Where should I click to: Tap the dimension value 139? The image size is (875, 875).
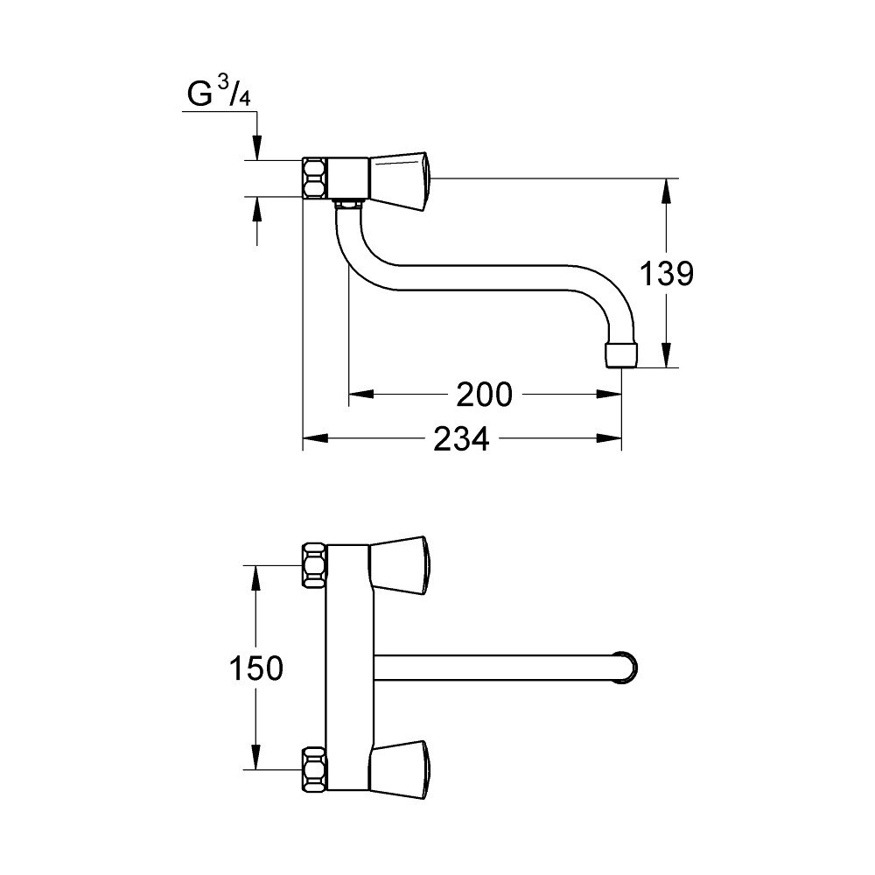(666, 273)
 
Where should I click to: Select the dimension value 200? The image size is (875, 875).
(484, 395)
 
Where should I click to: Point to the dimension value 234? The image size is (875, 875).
(461, 438)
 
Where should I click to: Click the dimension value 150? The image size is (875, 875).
(256, 668)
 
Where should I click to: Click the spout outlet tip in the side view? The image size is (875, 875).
(621, 355)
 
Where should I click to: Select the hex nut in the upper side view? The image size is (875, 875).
(315, 178)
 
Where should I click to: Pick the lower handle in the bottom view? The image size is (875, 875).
(400, 770)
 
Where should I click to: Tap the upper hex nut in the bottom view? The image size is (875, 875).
(315, 564)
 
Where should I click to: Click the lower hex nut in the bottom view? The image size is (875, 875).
(315, 770)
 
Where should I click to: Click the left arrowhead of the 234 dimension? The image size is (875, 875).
(315, 438)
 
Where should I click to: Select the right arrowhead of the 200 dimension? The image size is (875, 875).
(609, 395)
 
